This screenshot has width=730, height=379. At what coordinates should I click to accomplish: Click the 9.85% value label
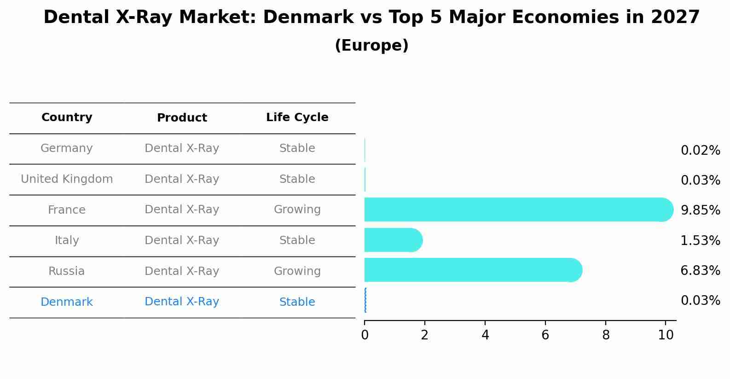point(700,210)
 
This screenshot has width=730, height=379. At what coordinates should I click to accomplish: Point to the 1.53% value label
point(700,240)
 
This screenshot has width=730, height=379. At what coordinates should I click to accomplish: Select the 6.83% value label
point(700,270)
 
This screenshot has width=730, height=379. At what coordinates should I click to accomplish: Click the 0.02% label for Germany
point(700,151)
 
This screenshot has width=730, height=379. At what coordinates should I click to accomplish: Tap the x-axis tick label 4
point(485,335)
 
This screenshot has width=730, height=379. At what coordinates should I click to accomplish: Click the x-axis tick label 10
point(666,335)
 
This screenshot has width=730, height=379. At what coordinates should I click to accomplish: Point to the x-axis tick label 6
point(545,335)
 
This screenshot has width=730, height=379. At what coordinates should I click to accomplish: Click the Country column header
point(67,117)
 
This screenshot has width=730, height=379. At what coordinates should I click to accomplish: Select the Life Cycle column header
point(297,117)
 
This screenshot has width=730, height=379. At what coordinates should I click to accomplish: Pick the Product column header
point(182,118)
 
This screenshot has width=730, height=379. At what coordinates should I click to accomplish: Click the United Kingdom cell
point(67,179)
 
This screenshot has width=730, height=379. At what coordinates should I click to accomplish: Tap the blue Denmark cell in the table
point(67,302)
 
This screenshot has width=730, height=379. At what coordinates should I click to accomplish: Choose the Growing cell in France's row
point(297,210)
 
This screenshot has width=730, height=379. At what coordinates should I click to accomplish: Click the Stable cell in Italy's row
point(297,240)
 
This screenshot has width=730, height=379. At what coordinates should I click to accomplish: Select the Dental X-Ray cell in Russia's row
point(182,271)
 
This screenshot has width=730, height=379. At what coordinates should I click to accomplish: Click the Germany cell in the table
point(67,148)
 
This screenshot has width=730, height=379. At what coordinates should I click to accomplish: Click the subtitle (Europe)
point(371,46)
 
